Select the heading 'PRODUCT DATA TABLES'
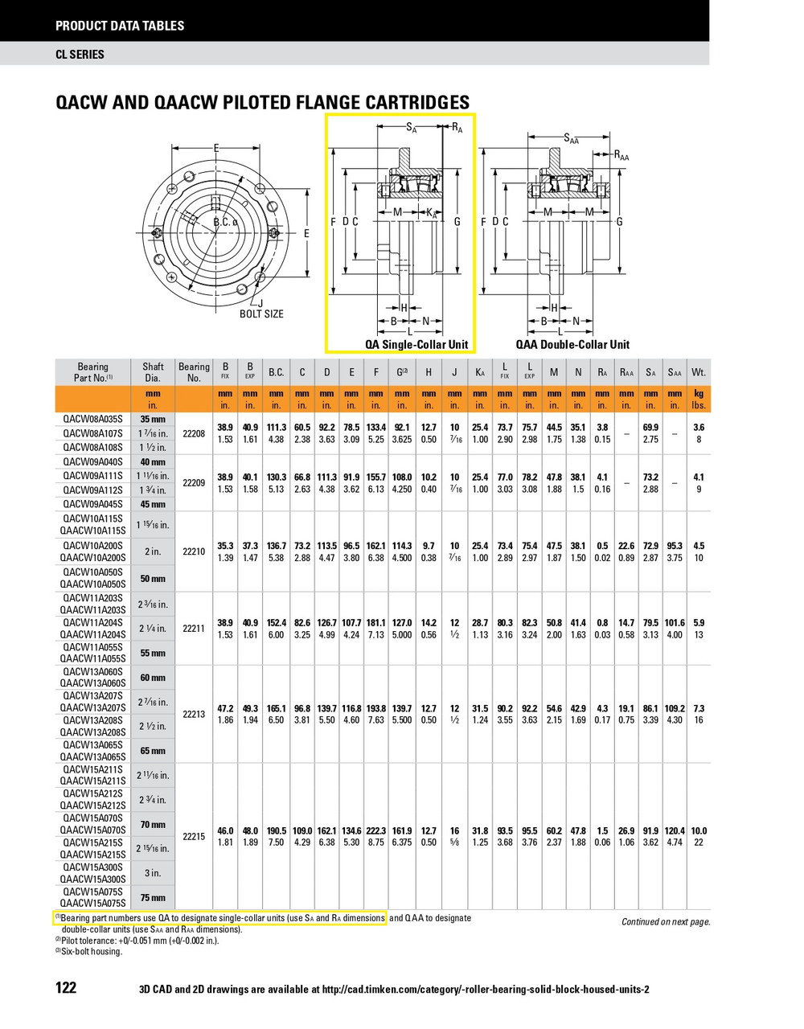point(120,26)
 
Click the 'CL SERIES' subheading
point(80,55)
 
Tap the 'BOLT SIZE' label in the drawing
point(261,314)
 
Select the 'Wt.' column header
point(698,372)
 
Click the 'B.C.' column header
point(276,372)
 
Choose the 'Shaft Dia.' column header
point(153,372)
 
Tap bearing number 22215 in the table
point(194,837)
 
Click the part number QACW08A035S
point(93,419)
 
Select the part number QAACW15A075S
point(93,904)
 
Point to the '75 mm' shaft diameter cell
point(153,898)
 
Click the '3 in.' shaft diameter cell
point(153,873)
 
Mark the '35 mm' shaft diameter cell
point(153,419)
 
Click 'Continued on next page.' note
point(666,922)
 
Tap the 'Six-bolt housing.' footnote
point(92,952)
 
